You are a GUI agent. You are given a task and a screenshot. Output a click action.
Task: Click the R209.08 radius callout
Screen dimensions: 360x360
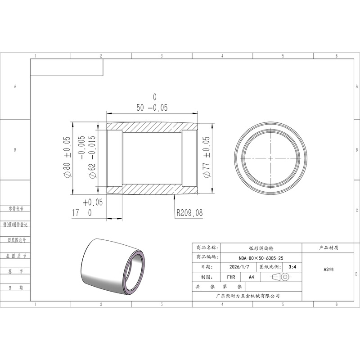189,212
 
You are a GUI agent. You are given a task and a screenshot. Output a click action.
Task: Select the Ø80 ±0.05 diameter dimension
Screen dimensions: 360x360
67,157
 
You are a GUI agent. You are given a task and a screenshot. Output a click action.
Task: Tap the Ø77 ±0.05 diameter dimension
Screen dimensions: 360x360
207,157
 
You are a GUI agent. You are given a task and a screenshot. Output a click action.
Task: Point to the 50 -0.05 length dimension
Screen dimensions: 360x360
152,108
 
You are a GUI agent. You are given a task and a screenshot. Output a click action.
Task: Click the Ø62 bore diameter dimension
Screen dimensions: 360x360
88,157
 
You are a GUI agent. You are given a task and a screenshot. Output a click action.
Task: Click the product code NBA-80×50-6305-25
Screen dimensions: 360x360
261,258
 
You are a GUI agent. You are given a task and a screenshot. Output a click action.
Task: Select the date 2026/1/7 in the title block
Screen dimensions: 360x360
239,267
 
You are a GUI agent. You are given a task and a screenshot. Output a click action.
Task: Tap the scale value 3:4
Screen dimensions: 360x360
292,267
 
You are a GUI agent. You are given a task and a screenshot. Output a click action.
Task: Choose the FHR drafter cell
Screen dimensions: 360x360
231,277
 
